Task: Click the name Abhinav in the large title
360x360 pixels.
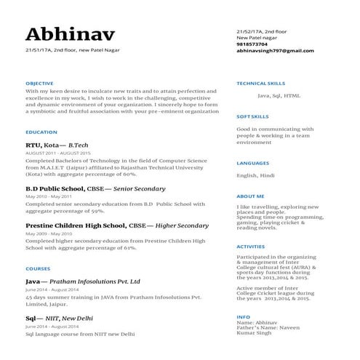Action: coord(71,34)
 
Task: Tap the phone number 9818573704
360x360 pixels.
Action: coord(252,44)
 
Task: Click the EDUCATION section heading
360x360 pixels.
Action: coord(41,132)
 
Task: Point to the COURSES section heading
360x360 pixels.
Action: coord(38,268)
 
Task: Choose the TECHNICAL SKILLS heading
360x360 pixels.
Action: coord(260,84)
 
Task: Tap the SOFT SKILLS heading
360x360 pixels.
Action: coord(252,116)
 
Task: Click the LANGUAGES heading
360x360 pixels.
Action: coord(252,163)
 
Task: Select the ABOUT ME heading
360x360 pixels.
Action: coord(251,196)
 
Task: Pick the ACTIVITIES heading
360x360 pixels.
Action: coord(251,247)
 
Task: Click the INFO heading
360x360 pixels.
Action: coord(243,317)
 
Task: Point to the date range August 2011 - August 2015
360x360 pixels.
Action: coord(58,153)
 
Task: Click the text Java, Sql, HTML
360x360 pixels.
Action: coord(279,95)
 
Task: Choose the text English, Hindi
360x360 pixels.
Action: coord(255,175)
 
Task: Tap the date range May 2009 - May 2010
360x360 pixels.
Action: coord(48,233)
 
